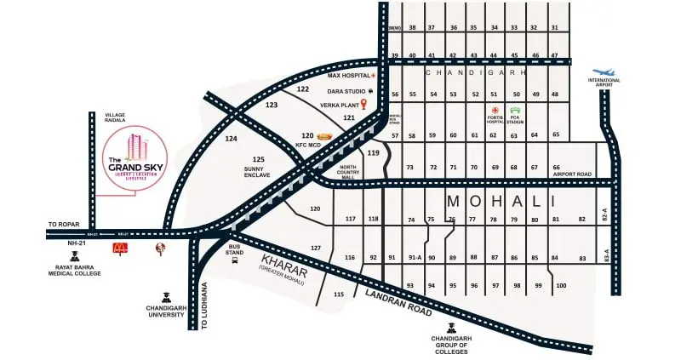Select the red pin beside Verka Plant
click(363, 105)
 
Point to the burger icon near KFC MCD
click(324, 135)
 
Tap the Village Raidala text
click(115, 116)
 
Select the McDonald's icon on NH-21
click(120, 249)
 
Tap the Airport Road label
click(573, 174)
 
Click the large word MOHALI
click(501, 202)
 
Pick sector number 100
click(560, 285)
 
